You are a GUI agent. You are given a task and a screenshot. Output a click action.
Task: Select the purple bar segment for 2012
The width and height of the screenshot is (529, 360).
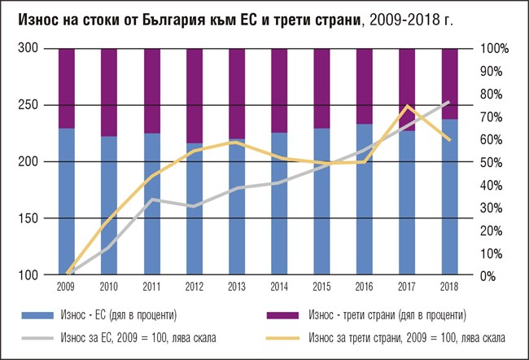click(x=195, y=95)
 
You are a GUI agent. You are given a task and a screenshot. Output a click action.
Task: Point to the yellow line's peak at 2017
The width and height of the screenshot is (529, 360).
click(x=407, y=106)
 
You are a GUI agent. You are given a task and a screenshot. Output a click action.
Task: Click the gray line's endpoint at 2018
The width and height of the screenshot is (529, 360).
click(x=449, y=102)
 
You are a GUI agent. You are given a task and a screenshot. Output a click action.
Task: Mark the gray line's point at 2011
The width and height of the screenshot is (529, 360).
click(x=152, y=200)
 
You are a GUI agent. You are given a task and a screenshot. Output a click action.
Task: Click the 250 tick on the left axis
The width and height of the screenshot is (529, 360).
click(x=28, y=105)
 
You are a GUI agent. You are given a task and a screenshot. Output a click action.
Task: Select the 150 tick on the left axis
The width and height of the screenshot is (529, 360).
click(x=28, y=219)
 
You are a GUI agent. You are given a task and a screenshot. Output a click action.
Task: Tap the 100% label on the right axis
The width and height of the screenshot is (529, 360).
click(x=495, y=49)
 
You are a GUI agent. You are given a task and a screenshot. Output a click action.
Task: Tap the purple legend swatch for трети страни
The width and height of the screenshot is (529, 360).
click(x=287, y=314)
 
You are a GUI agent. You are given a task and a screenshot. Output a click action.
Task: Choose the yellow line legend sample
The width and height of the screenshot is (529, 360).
click(x=287, y=336)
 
